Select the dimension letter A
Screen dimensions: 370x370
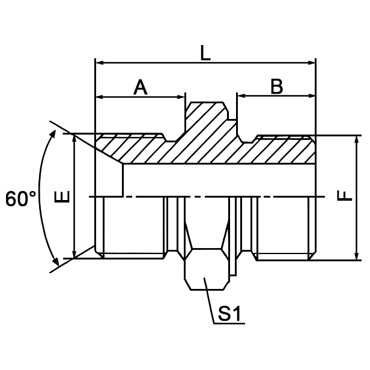(140, 88)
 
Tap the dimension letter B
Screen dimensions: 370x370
(276, 87)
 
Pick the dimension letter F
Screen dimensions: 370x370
(344, 196)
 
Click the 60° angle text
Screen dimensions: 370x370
(21, 199)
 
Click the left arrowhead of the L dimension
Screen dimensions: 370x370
(100, 62)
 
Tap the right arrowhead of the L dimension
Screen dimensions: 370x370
(312, 62)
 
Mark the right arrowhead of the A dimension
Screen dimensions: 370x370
(181, 97)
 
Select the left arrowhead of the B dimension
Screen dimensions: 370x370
(241, 96)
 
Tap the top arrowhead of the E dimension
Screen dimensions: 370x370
(74, 138)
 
